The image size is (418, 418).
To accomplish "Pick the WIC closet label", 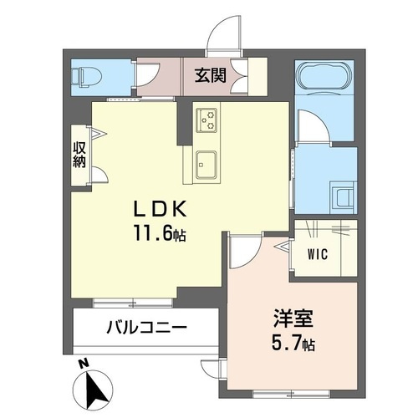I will [x=316, y=251].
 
